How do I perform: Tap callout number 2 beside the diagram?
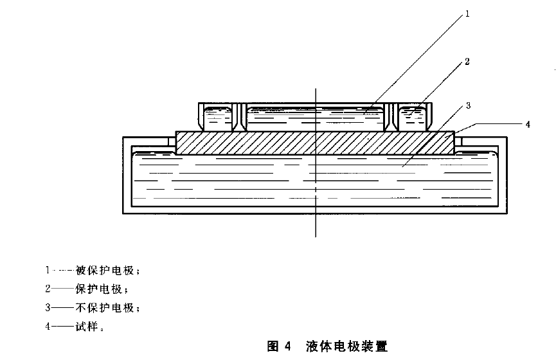467,62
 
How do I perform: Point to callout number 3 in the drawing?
469,104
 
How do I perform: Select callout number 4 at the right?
527,125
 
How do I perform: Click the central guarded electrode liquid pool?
315,117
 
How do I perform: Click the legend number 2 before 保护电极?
48,289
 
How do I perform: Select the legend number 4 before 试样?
48,326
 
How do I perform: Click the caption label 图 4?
279,346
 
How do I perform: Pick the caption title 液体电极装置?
347,346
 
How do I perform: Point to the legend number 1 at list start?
48,271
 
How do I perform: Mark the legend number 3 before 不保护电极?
48,307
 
